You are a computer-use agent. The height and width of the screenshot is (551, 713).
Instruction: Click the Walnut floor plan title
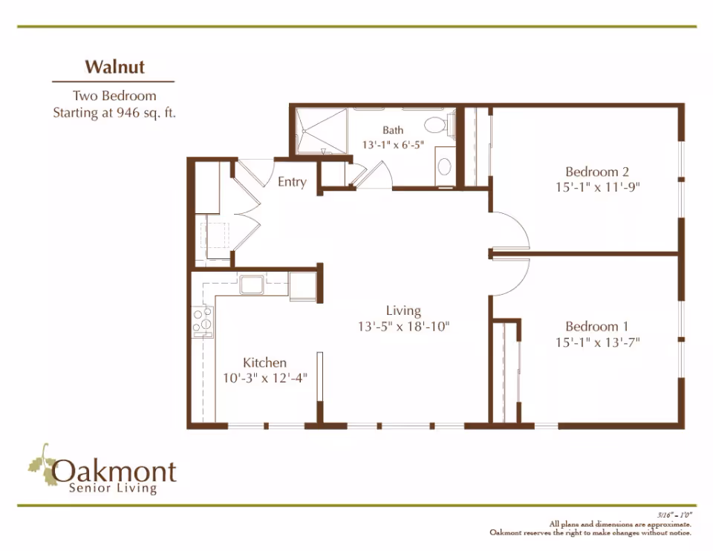click(114, 67)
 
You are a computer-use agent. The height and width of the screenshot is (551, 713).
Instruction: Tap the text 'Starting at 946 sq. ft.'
click(114, 114)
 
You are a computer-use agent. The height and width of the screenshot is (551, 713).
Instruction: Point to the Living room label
click(403, 310)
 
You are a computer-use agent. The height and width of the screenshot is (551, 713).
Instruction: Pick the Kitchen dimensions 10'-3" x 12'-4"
click(265, 377)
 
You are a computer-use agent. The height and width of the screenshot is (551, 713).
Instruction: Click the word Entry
click(292, 182)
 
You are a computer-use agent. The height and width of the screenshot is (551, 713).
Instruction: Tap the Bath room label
click(393, 130)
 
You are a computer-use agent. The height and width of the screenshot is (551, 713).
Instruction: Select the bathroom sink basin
click(444, 166)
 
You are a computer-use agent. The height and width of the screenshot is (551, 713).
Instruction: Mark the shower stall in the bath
click(321, 132)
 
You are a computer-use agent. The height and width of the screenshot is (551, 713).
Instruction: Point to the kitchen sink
click(250, 283)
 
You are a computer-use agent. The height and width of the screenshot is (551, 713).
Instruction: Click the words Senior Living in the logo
click(112, 489)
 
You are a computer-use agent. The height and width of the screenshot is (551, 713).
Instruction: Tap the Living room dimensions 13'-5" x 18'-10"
click(403, 325)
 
